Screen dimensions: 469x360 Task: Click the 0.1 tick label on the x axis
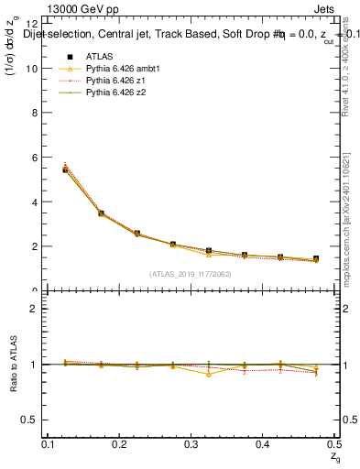pyautogui.click(x=49, y=443)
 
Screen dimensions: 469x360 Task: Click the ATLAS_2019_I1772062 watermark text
pyautogui.click(x=189, y=273)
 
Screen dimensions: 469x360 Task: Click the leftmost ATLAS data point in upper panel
pyautogui.click(x=65, y=169)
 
